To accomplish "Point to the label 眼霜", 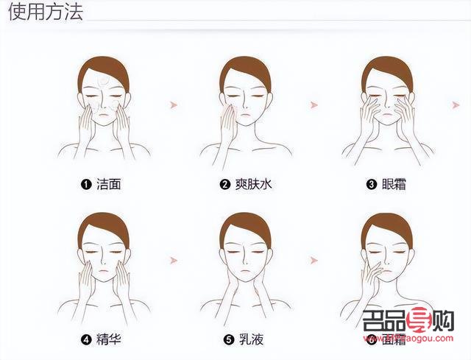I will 395,184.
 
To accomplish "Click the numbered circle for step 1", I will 86,184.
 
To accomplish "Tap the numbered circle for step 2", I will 225,184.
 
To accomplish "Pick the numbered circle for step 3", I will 372,184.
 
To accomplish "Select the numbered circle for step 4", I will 86,339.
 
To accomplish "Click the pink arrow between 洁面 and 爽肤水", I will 174,105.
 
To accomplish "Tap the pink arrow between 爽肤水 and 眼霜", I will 314,105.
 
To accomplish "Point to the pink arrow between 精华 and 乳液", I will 174,261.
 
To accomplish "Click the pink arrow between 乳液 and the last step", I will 314,261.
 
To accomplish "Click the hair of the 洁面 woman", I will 103,65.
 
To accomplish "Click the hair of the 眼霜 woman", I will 387,65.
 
